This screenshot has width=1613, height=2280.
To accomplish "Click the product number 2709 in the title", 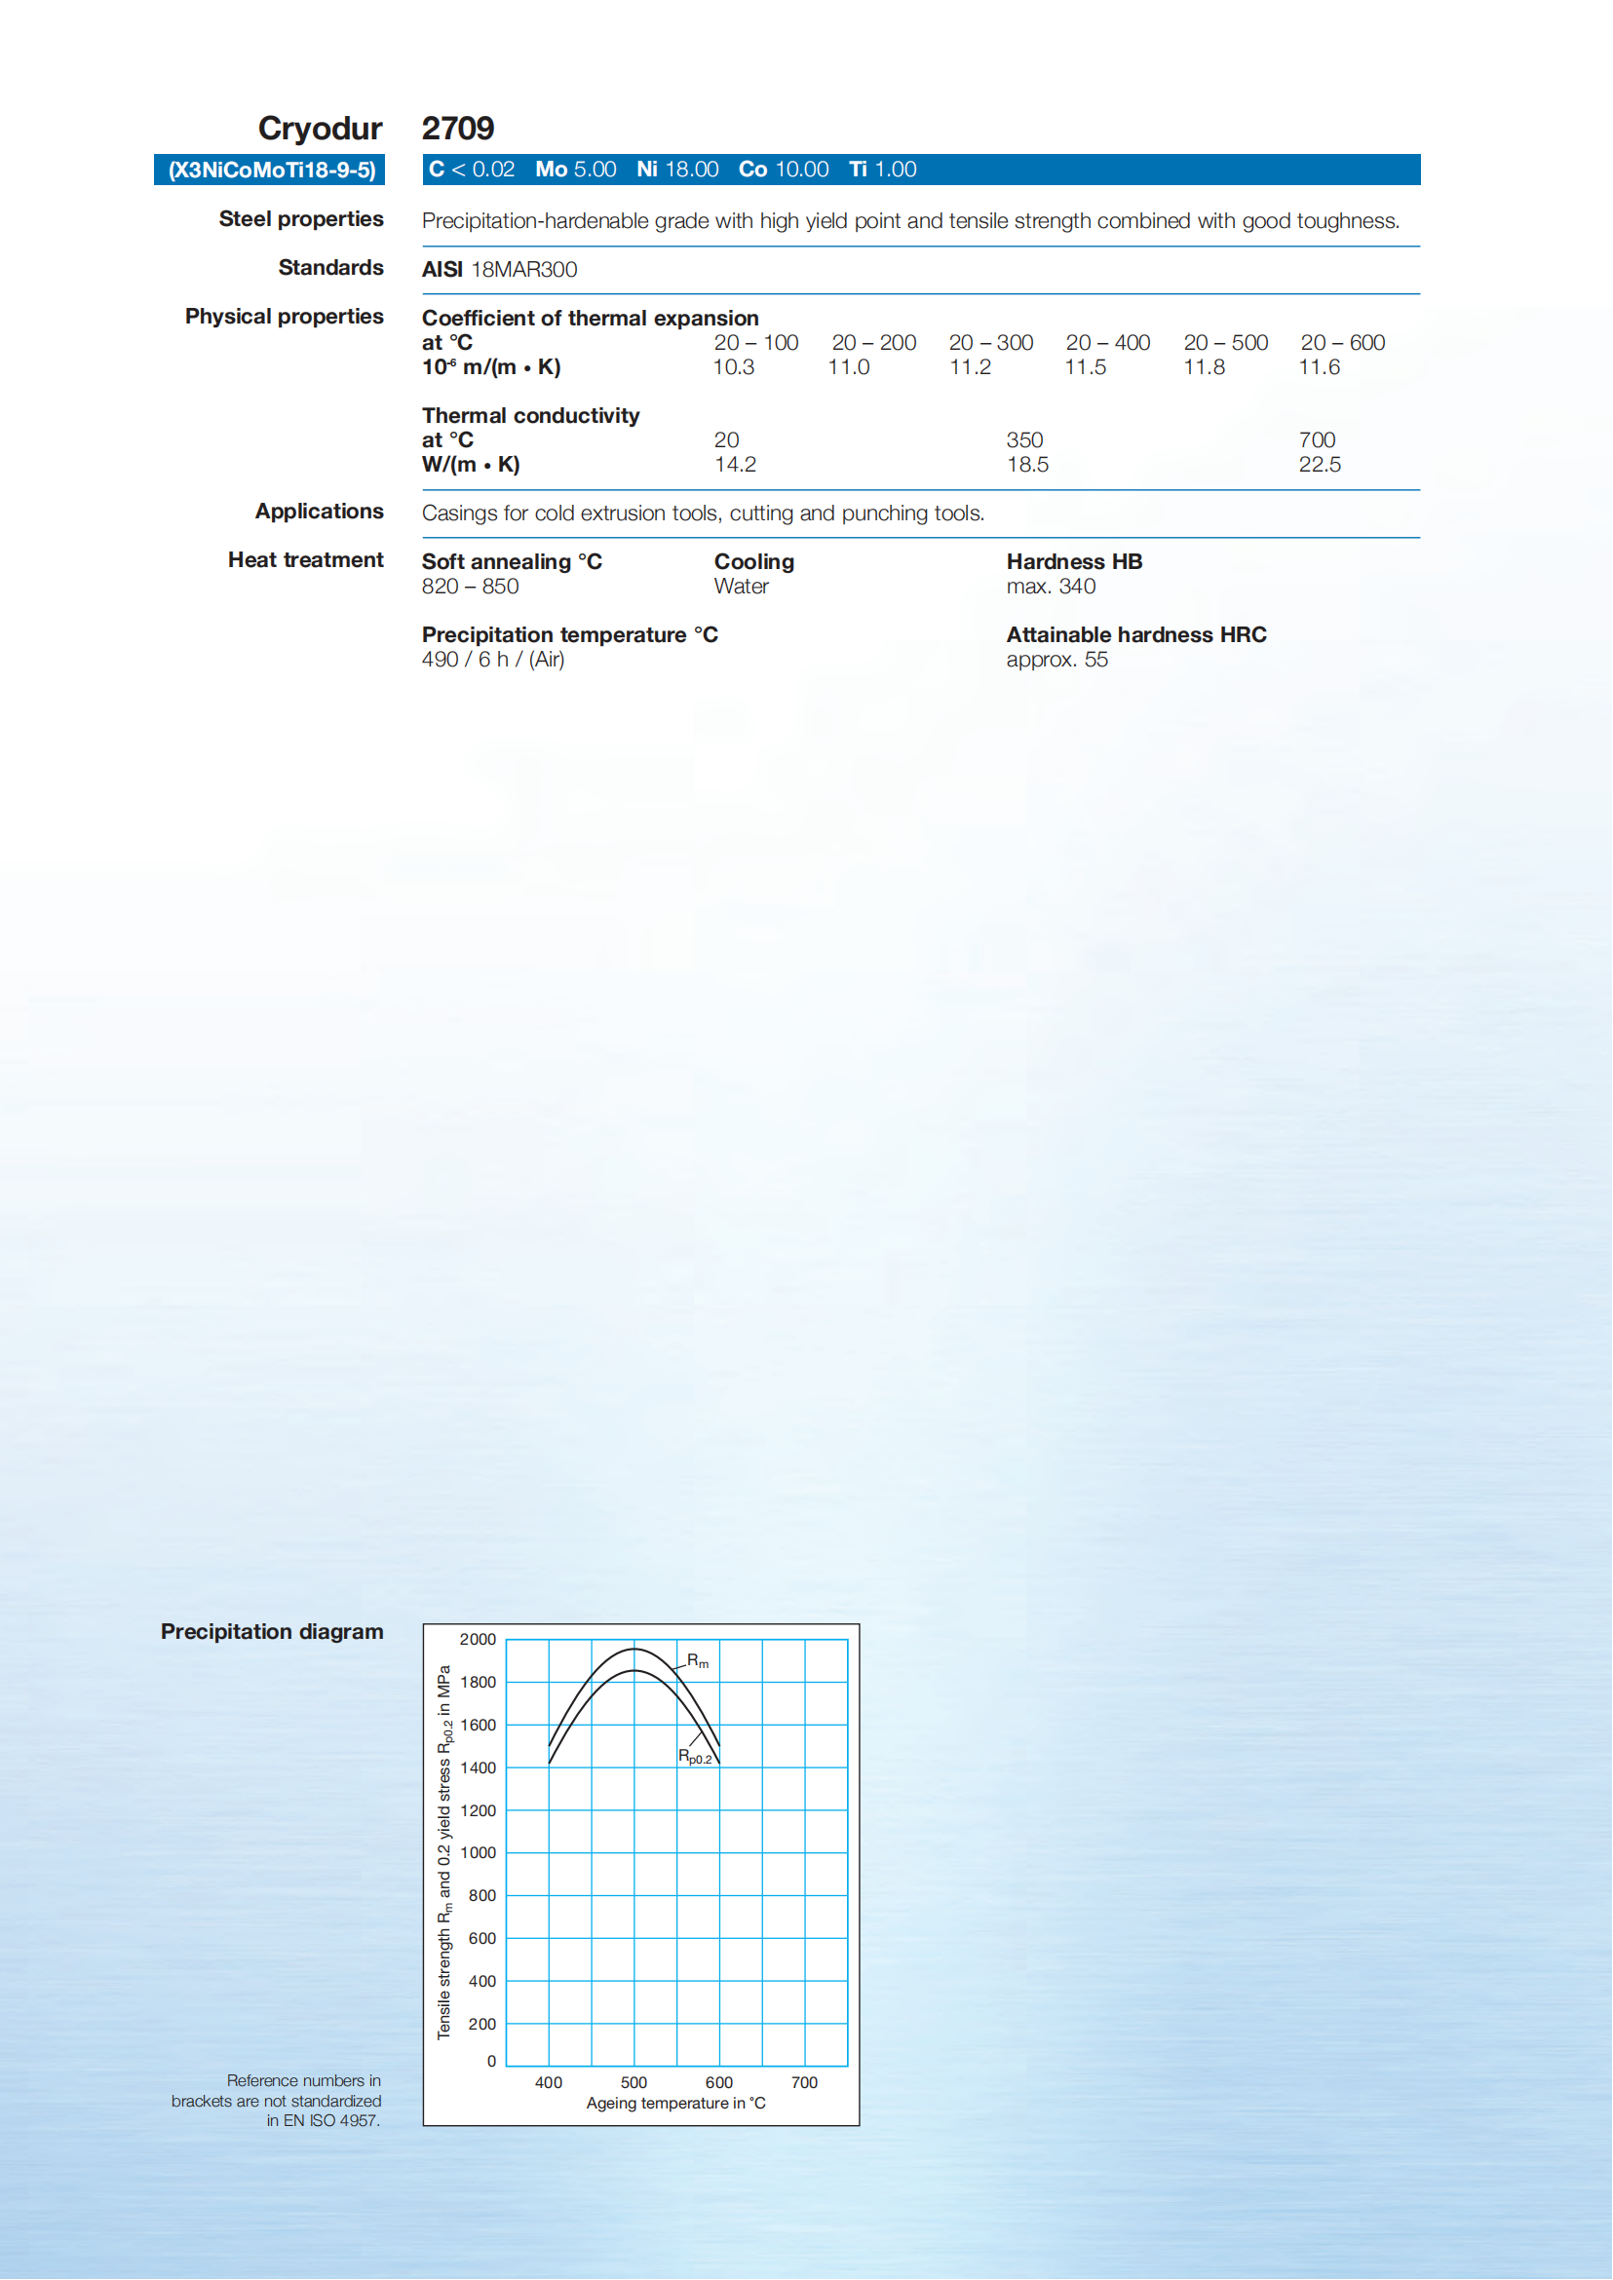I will [x=458, y=128].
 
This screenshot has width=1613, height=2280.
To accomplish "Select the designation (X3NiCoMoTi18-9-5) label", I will [x=271, y=170].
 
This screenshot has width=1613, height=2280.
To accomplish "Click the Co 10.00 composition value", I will [x=783, y=170].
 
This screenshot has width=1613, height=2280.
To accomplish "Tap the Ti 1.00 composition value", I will [x=882, y=170].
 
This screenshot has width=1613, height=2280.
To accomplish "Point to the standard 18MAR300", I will [x=523, y=270].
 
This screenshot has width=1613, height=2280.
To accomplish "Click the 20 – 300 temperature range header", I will [x=990, y=343].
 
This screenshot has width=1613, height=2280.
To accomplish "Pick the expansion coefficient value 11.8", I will [x=1204, y=367].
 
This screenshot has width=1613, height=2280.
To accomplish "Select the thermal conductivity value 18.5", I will [x=1027, y=465].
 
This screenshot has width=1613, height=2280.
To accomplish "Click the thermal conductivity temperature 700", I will [x=1317, y=439].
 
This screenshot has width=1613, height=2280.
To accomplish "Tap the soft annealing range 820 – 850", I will [x=470, y=587].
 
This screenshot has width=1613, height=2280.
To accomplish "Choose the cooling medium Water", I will [x=741, y=587].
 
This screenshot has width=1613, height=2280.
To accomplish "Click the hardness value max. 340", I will [x=1051, y=587].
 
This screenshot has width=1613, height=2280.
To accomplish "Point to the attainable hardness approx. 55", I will [x=1056, y=661].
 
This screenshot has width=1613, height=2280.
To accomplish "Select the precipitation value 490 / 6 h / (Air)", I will [x=492, y=661].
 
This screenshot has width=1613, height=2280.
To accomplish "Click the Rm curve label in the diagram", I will [x=697, y=1661].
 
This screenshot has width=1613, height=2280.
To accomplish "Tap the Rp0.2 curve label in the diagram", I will [x=694, y=1757].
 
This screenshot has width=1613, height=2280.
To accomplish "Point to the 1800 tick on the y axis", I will [x=478, y=1682].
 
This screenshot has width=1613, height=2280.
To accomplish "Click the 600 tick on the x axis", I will [x=719, y=2082].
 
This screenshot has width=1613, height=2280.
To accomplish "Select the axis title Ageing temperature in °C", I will [x=675, y=2104].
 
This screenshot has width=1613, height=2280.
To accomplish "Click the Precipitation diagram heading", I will [x=271, y=1631].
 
